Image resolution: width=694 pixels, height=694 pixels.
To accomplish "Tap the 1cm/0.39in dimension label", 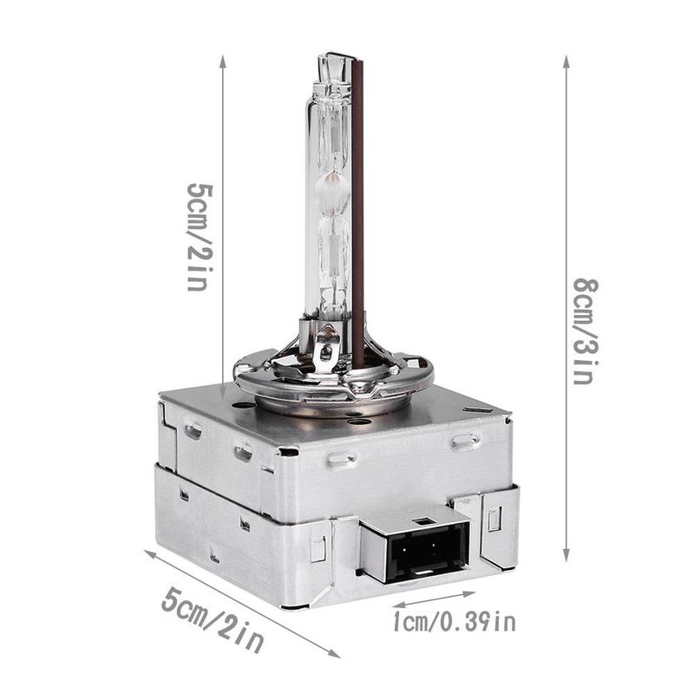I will pos(454,621).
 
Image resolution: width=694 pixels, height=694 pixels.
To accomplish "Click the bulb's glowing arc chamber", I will pos(330,187).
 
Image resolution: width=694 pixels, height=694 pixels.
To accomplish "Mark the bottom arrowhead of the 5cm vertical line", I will pos(223,396).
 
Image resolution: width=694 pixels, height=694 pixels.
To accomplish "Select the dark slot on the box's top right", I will pos(476,409).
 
